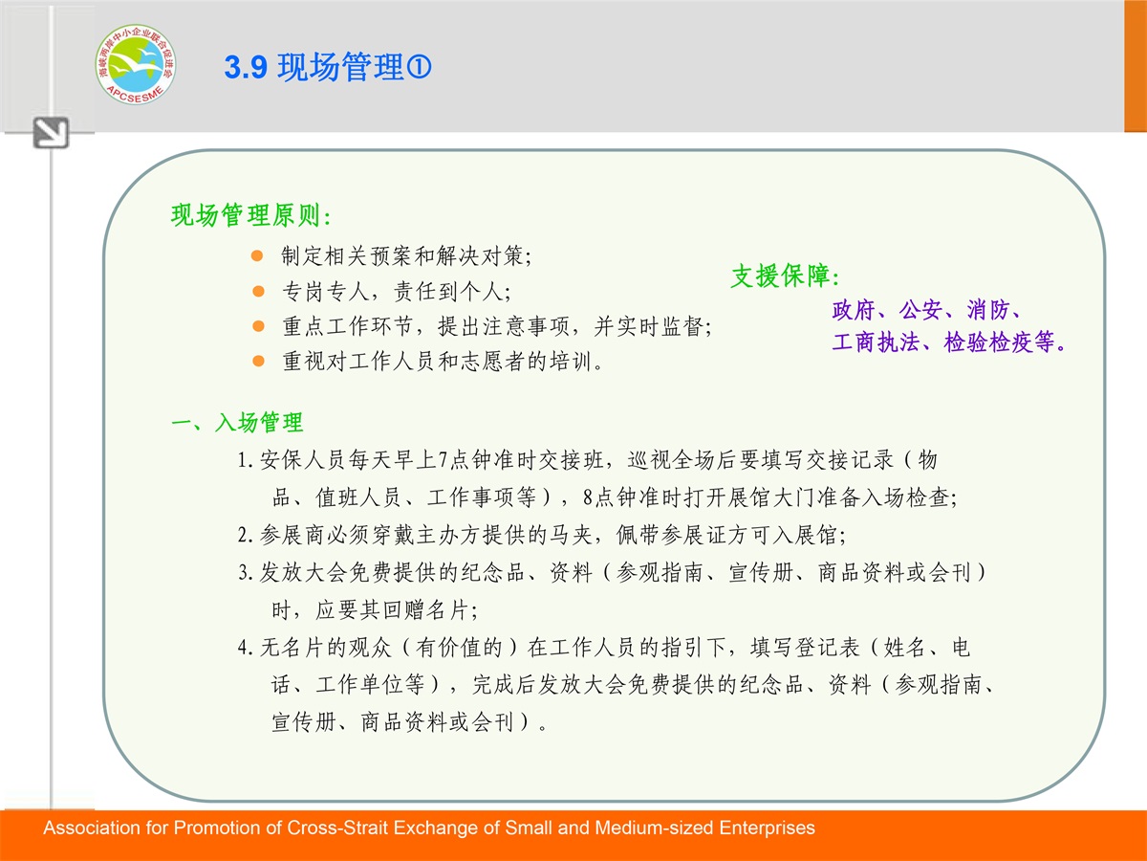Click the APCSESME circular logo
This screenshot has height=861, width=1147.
coord(136,64)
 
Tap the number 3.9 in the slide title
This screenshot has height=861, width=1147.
coord(246,67)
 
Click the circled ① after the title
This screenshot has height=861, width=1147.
coord(419,67)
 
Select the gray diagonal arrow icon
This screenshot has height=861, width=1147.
coord(51,132)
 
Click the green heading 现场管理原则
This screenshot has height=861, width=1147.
coord(246,215)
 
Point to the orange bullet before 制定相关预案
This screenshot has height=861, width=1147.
coord(257,255)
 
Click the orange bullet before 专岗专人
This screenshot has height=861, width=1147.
coord(258,291)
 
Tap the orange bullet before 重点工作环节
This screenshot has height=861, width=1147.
coord(258,326)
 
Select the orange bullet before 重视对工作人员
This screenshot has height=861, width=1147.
coord(258,361)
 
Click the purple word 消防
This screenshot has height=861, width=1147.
coord(987,310)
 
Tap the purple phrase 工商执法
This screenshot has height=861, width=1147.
coord(876,342)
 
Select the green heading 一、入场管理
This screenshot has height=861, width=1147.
coord(237,423)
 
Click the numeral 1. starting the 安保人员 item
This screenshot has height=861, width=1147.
coord(245,460)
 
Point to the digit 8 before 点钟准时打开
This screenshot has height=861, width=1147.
coord(587,497)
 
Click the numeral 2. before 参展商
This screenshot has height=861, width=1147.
coord(245,536)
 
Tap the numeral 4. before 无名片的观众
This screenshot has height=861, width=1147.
coord(245,649)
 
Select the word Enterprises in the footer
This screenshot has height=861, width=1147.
coord(768,828)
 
